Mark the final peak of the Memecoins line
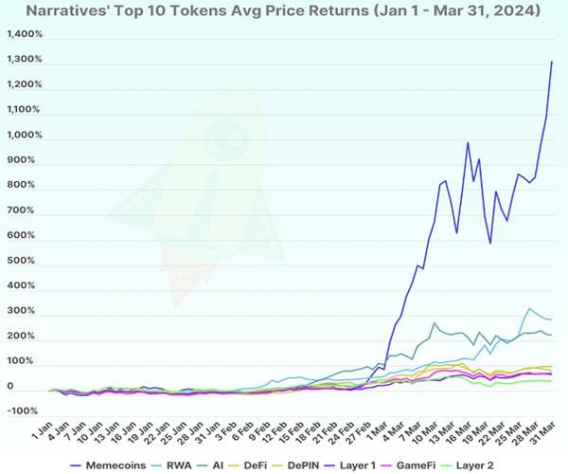[x=552, y=61]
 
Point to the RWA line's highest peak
[x=529, y=308]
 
